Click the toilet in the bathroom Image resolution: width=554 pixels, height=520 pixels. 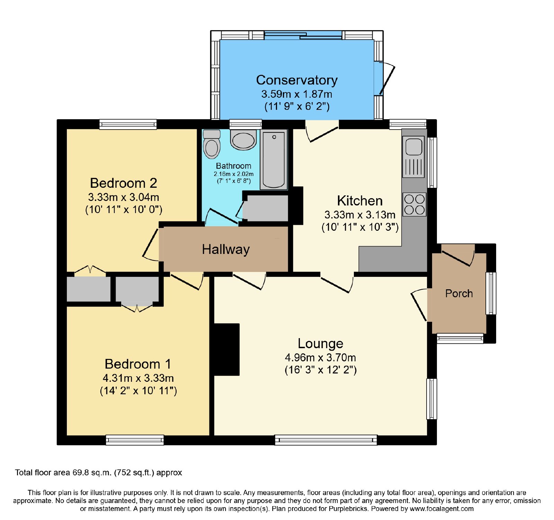click(x=212, y=144)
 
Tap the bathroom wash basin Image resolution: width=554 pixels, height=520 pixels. click(x=243, y=140)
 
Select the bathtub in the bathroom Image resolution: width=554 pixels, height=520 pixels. click(x=274, y=160)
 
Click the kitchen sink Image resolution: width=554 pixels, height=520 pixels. click(x=413, y=157)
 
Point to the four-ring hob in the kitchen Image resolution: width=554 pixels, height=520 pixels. click(x=414, y=204)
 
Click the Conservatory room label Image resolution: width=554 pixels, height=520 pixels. click(x=297, y=80)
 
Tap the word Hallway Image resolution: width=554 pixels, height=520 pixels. click(x=226, y=249)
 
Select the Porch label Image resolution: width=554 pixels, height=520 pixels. click(x=459, y=293)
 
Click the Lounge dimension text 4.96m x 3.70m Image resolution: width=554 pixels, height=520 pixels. click(x=320, y=358)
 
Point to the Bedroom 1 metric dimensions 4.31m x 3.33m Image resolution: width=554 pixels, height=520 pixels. click(x=138, y=378)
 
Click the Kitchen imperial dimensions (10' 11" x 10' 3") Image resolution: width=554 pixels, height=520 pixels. click(x=360, y=227)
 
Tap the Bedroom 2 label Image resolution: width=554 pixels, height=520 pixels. click(x=124, y=183)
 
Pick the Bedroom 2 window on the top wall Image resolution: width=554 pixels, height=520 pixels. click(x=128, y=124)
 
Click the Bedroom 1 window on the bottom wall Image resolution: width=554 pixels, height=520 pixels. click(x=135, y=440)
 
